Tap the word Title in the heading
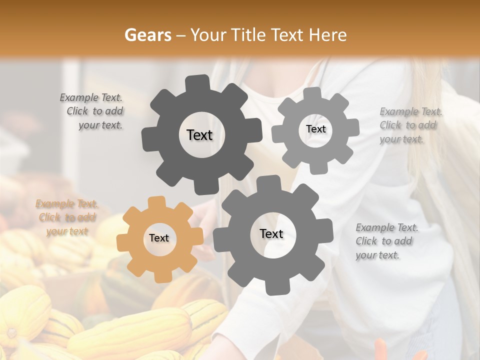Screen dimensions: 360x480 tap(250, 35)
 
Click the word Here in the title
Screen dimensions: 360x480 tap(327, 35)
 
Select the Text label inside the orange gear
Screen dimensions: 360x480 tap(159, 238)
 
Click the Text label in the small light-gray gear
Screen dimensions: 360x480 tap(315, 129)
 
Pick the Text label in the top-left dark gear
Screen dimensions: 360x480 tap(199, 135)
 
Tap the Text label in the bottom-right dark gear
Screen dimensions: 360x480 tap(271, 234)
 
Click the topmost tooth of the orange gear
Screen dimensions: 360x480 tap(157, 201)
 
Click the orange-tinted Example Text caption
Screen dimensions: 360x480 tap(67, 217)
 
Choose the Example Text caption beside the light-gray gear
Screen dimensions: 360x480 tap(410, 125)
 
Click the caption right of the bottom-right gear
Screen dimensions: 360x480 tap(386, 241)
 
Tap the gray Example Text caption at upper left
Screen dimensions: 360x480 tap(93, 111)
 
